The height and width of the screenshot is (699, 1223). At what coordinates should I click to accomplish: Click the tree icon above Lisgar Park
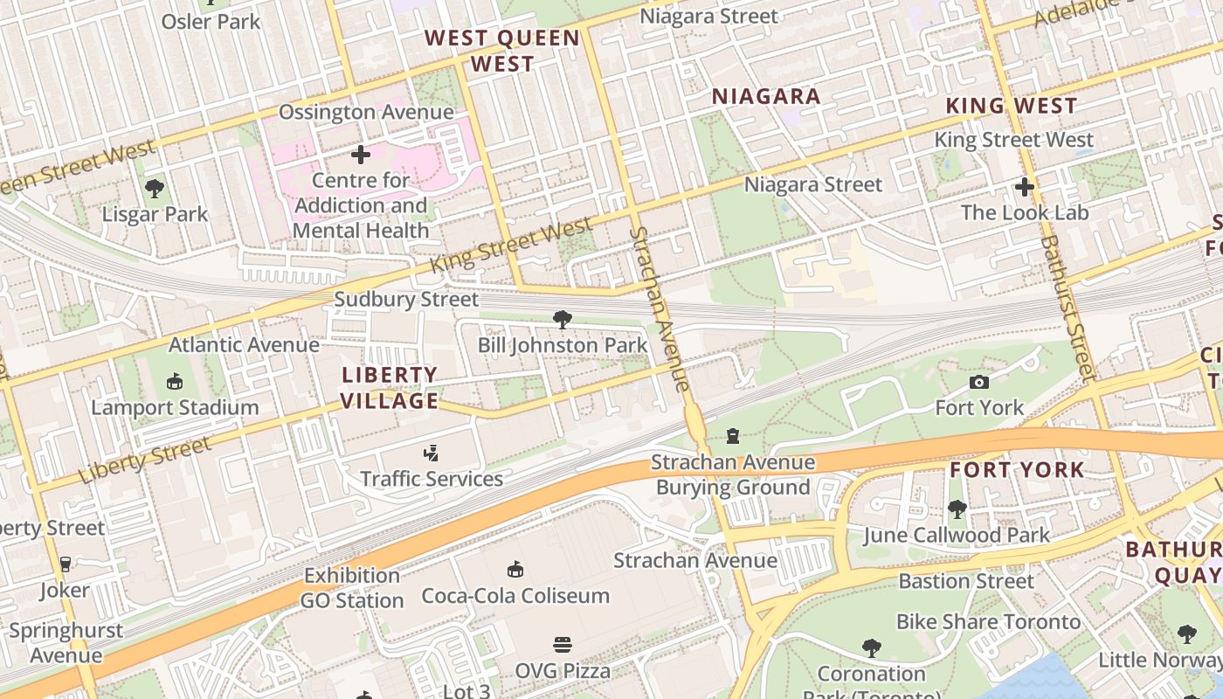(x=155, y=188)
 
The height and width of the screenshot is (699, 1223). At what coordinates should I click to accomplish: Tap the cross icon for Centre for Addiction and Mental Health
(x=360, y=156)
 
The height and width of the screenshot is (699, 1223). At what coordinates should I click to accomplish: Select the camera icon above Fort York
(x=979, y=382)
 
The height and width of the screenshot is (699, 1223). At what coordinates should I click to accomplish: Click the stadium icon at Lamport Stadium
(x=175, y=382)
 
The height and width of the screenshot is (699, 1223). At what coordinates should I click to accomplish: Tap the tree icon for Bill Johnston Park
(x=563, y=320)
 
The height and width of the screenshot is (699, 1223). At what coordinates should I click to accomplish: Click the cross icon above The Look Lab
(x=1025, y=187)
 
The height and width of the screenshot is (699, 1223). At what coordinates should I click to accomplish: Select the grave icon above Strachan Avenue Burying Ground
(x=733, y=436)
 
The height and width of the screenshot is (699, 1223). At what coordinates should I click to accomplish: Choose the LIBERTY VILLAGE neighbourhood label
(x=390, y=388)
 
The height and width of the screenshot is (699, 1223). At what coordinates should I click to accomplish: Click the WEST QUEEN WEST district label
(x=502, y=51)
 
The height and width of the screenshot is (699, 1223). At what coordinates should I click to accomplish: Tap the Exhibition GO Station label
(x=352, y=588)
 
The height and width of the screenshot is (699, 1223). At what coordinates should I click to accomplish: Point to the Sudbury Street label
(x=406, y=300)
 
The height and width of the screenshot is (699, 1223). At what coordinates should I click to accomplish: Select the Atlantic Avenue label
(x=244, y=345)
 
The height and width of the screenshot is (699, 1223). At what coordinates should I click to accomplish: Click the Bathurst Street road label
(x=1068, y=308)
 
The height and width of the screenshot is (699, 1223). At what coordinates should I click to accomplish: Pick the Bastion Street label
(x=966, y=581)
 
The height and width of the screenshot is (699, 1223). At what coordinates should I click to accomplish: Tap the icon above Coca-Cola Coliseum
(x=515, y=570)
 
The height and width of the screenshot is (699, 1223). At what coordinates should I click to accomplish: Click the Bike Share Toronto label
(x=988, y=622)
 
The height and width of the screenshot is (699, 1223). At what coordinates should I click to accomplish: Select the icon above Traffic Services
(x=431, y=453)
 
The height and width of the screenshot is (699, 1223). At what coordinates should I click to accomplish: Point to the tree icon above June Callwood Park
(x=957, y=509)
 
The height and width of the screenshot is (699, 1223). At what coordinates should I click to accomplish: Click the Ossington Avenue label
(x=366, y=113)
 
